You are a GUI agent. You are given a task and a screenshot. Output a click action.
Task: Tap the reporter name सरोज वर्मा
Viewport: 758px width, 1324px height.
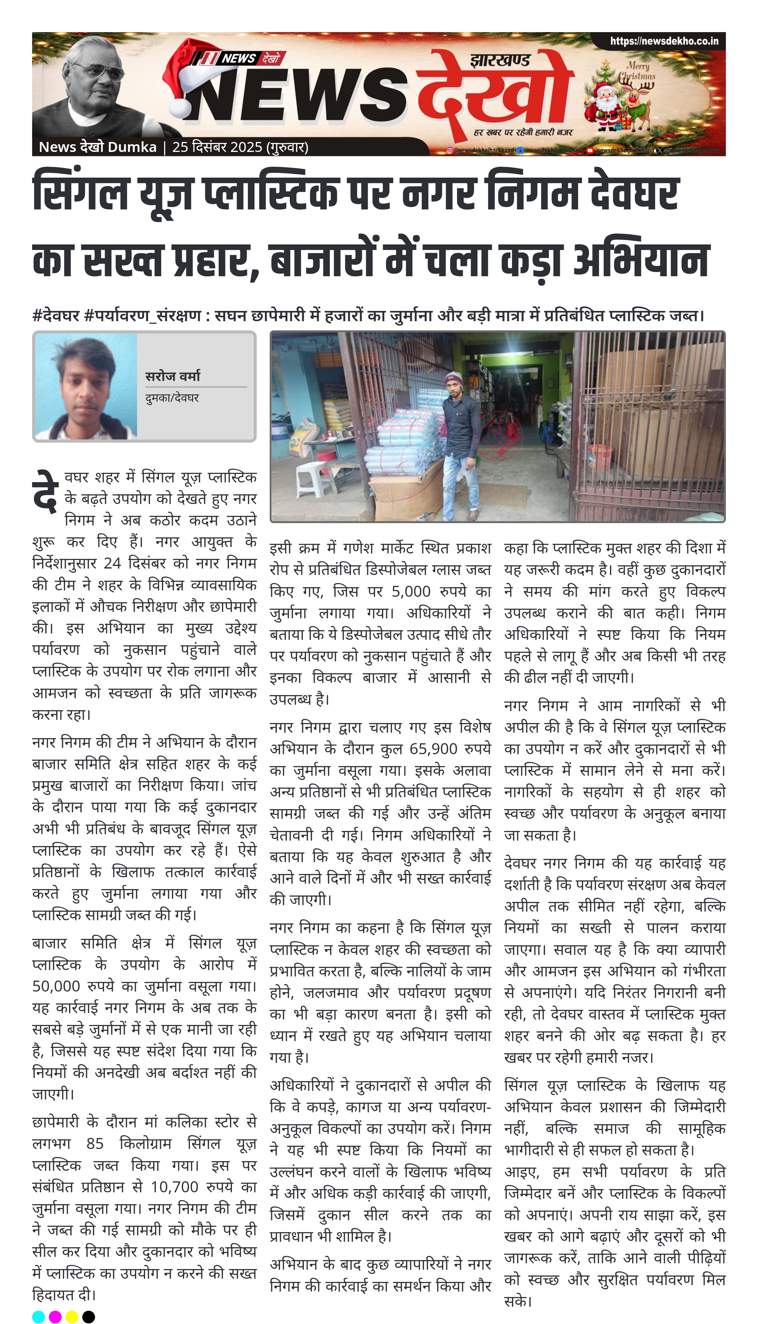click(x=172, y=376)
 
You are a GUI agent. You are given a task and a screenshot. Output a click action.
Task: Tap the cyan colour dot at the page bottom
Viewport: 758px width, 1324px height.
click(x=39, y=1317)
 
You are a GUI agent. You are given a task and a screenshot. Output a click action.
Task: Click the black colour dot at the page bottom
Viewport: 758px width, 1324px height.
click(x=89, y=1317)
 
